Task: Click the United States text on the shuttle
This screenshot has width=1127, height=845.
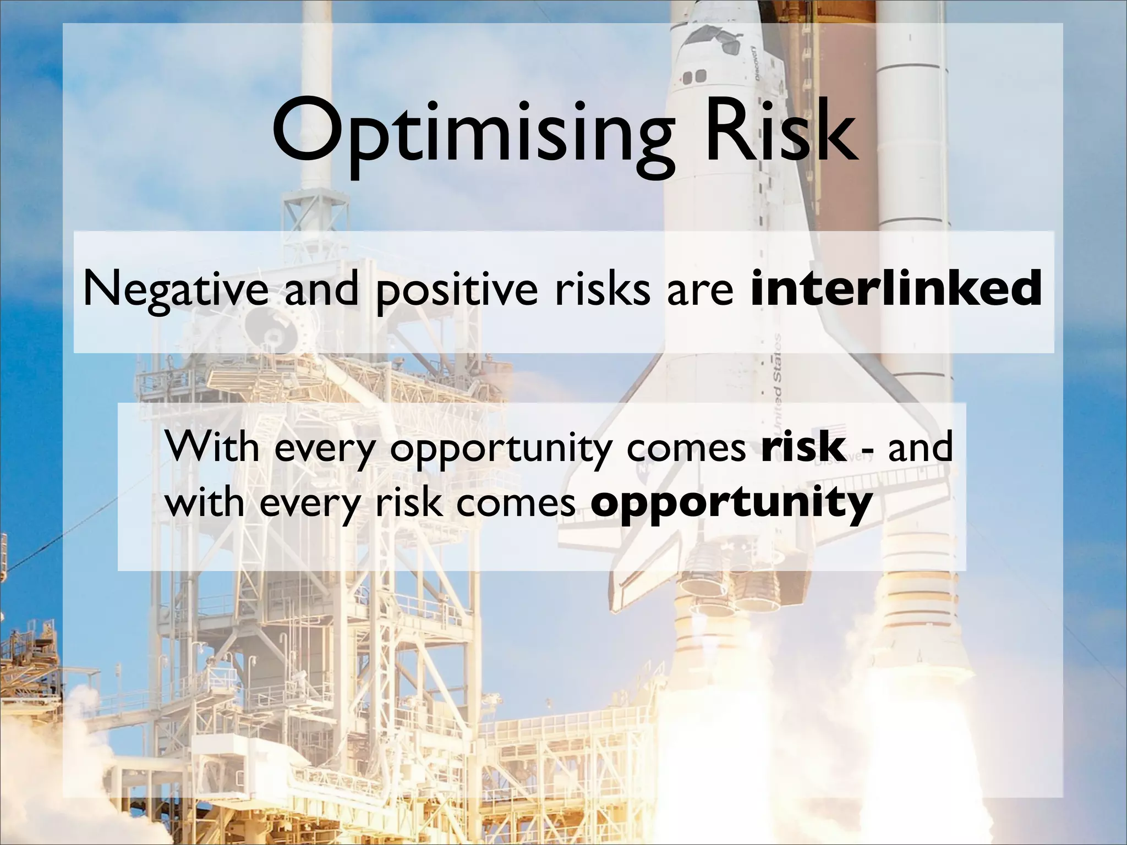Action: pos(777,380)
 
